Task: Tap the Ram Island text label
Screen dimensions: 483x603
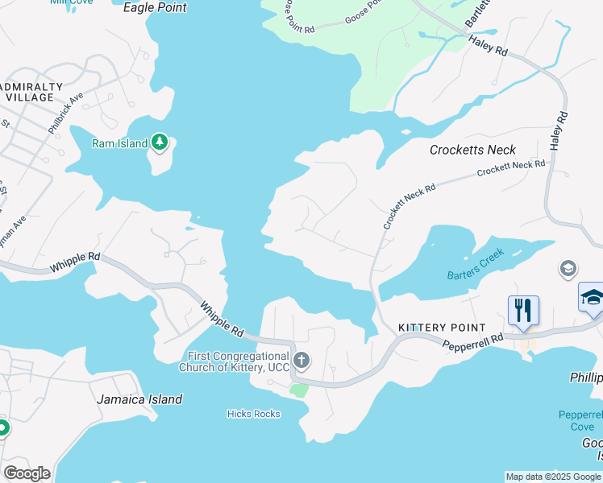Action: point(119,144)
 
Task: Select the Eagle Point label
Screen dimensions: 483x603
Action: point(155,8)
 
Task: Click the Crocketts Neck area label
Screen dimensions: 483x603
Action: point(472,150)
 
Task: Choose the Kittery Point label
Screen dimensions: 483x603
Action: point(442,328)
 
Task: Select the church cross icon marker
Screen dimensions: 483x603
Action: point(301,360)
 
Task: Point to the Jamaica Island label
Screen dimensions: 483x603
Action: point(139,399)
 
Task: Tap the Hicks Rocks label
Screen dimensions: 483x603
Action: point(253,414)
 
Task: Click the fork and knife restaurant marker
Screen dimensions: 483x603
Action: point(523,309)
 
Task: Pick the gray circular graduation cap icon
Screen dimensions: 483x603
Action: point(568,268)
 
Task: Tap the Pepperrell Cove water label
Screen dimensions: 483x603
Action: point(579,420)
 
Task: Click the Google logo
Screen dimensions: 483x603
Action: point(27,473)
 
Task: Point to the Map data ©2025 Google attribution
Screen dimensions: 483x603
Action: point(552,477)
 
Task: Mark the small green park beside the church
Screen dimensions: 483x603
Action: point(299,390)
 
